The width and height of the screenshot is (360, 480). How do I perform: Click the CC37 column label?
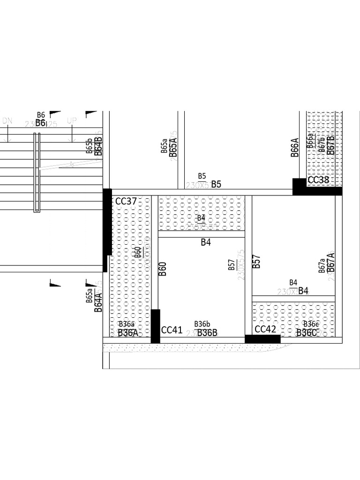[x=126, y=202]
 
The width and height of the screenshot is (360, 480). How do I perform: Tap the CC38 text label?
[x=318, y=180]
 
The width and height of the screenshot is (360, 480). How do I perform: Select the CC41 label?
[x=172, y=330]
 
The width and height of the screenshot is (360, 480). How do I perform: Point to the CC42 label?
[x=265, y=329]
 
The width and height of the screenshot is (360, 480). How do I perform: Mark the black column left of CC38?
[x=299, y=187]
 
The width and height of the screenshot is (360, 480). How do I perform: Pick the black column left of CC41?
[x=155, y=326]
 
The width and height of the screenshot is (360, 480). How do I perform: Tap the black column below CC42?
[x=262, y=339]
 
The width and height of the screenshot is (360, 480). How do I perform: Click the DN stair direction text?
[x=7, y=121]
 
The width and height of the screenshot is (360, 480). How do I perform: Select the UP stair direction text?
[x=72, y=121]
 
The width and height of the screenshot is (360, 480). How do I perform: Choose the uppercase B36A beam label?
[x=128, y=333]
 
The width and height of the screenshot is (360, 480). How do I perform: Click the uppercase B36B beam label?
[x=207, y=333]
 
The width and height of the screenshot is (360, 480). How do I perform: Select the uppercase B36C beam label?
[x=307, y=333]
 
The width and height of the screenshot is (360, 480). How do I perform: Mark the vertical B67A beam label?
[x=331, y=262]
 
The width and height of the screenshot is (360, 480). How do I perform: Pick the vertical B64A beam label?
[x=98, y=300]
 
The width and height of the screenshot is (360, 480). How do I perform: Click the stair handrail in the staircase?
[x=37, y=172]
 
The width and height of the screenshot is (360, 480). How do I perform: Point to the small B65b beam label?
[x=89, y=146]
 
